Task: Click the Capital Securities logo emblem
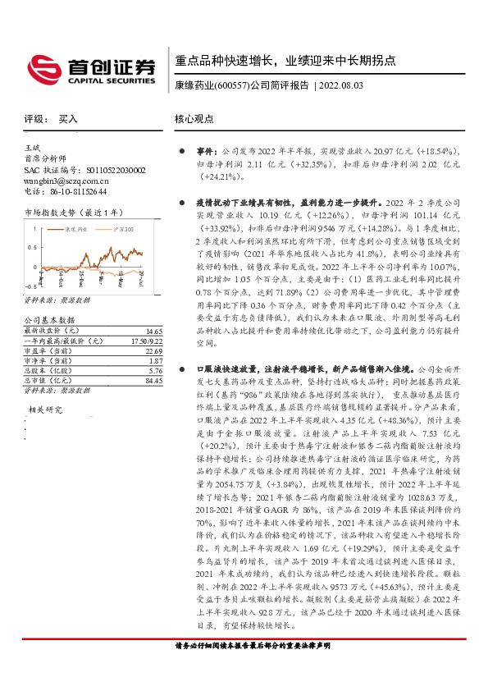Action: (x=41, y=66)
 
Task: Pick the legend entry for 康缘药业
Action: (x=75, y=231)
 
